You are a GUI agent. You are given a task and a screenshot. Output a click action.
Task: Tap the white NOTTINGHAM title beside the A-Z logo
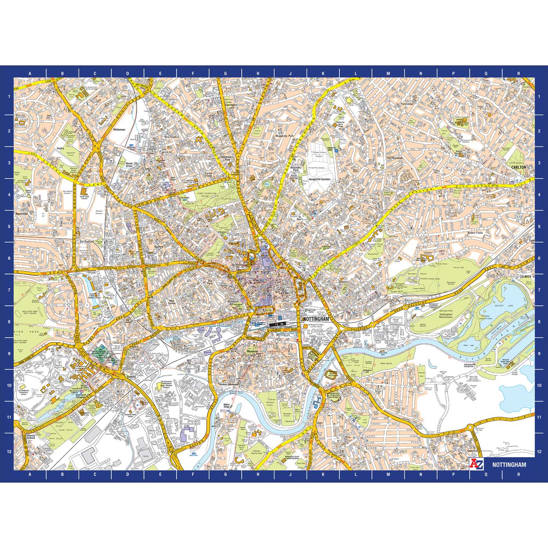pos(509,465)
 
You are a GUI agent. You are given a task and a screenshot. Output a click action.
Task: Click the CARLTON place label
pos(519,167)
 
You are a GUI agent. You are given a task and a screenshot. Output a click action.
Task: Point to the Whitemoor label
pos(118,129)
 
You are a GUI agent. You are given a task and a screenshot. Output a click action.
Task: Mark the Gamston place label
pos(472,451)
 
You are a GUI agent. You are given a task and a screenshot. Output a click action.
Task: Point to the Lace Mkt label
pos(284,293)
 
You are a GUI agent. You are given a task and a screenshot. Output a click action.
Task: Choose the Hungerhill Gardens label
pos(319,179)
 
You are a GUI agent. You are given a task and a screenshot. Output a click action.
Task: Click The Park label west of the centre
pos(210,281)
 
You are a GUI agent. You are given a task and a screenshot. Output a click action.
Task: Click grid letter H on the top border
pos(258,73)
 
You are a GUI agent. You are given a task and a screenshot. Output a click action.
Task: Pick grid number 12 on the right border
pos(539,451)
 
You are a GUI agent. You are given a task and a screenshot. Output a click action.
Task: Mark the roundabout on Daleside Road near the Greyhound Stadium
pos(372,324)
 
